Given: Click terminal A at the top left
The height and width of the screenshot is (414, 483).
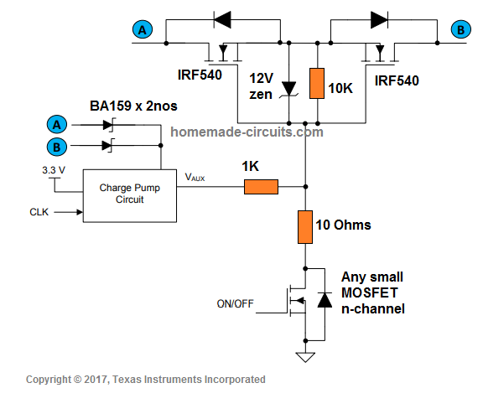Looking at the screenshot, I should (x=143, y=30).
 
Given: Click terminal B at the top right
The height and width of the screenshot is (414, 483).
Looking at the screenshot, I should (x=460, y=30).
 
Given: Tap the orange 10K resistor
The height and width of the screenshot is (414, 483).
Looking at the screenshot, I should (x=316, y=83).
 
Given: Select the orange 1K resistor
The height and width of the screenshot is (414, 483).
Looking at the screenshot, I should (x=261, y=186).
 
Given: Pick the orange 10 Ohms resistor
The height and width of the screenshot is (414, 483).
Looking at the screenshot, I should (x=305, y=226).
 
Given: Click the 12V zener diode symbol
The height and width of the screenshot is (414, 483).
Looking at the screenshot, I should (x=289, y=87).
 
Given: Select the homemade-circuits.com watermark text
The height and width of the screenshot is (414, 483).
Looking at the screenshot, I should (x=246, y=132).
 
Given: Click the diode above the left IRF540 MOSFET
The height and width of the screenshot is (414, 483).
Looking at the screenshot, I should (x=222, y=17).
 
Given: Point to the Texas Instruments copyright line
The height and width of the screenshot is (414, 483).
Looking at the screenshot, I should (x=146, y=380).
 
